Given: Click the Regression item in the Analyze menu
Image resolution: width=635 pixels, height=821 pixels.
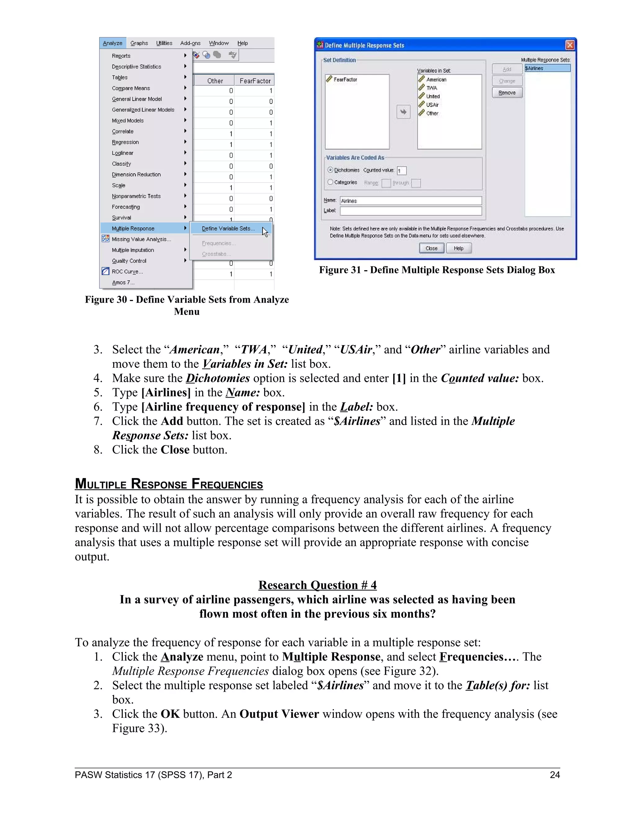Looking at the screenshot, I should tap(125, 142).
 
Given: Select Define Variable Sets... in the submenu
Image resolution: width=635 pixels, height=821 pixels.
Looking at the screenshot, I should tap(228, 229).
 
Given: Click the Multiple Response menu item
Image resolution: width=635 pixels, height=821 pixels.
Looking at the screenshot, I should tap(133, 229).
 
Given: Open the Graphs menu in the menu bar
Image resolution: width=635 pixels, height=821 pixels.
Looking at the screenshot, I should tap(139, 43).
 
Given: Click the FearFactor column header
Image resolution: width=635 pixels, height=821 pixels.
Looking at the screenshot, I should tap(255, 81).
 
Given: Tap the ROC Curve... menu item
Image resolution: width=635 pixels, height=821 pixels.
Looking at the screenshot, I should tap(127, 271).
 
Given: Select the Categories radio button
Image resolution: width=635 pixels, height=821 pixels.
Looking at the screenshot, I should tap(330, 182).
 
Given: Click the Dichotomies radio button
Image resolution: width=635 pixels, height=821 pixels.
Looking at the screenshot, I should tap(330, 170).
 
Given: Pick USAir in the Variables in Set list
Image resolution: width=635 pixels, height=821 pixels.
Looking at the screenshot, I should tap(432, 105).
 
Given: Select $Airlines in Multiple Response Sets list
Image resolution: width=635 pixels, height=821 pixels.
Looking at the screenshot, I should tap(547, 68).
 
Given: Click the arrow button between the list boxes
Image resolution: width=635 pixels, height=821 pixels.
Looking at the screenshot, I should tap(403, 112).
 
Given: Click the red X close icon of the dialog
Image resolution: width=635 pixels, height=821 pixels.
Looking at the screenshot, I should tap(570, 46).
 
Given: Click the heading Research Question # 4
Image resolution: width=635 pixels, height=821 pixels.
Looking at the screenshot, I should tap(317, 585).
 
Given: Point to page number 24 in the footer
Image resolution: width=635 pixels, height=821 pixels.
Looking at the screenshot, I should tap(554, 775).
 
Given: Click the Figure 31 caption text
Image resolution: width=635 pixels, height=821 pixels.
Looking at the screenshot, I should tap(437, 270).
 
